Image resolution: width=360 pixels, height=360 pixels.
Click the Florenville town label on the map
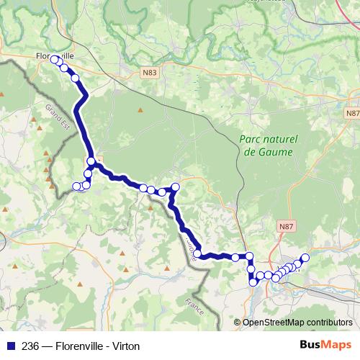pos(55,54)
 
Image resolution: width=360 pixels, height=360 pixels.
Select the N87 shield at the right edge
pos(352,114)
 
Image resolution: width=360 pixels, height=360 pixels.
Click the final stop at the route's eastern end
pos(305,258)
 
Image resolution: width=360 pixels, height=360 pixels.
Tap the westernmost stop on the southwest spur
pos(77,187)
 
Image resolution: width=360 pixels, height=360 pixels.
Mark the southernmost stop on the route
pos(253,282)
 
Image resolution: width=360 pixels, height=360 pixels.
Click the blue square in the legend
pos(12,346)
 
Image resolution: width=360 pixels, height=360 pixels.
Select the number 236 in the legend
pos(32,346)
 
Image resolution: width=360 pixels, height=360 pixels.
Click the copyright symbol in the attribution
pos(238,322)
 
